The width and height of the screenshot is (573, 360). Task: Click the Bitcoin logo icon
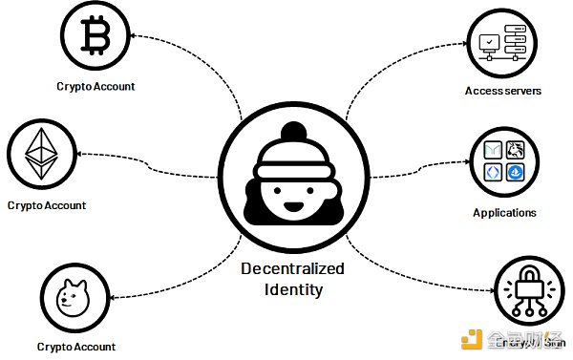coord(95,37)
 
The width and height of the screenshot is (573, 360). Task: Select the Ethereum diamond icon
coord(41,156)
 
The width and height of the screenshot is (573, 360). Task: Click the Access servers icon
coord(502,43)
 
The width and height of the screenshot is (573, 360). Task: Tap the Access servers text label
coord(503,92)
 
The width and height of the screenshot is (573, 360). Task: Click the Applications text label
coord(504,213)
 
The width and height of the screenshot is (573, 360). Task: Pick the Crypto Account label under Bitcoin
coord(95,86)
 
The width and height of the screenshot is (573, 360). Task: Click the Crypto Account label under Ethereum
coord(47,205)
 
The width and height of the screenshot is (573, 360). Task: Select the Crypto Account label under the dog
coord(76,347)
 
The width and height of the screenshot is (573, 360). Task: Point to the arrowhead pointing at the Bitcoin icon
coord(134,36)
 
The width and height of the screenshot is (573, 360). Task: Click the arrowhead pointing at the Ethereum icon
coord(80,154)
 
